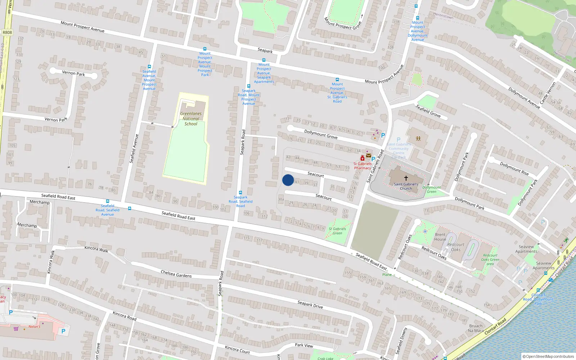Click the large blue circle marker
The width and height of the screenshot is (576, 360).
coord(288,180)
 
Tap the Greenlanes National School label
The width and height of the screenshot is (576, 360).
coord(191,119)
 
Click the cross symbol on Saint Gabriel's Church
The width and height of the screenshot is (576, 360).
coord(406,178)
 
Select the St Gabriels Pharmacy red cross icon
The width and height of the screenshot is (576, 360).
coord(363,158)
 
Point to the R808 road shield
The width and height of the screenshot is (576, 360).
coord(7,32)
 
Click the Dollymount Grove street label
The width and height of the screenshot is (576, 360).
coord(321,134)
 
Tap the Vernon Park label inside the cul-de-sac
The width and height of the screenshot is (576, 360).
coord(73,73)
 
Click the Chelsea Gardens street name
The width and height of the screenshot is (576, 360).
coord(176,274)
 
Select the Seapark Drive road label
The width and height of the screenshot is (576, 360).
coord(310,305)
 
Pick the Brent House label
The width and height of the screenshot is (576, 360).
coord(440,237)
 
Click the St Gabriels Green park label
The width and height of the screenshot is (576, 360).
coord(337,231)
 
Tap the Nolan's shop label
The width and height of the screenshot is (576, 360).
coord(35,327)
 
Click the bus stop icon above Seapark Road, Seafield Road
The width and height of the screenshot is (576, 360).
coord(240,193)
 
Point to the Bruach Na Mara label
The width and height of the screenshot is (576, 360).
coord(476,328)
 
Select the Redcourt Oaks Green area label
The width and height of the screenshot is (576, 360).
coord(490,259)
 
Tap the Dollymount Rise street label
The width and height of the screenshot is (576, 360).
coord(514,168)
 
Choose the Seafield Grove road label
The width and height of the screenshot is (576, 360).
coord(428,111)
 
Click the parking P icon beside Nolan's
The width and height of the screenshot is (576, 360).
coord(63,331)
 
